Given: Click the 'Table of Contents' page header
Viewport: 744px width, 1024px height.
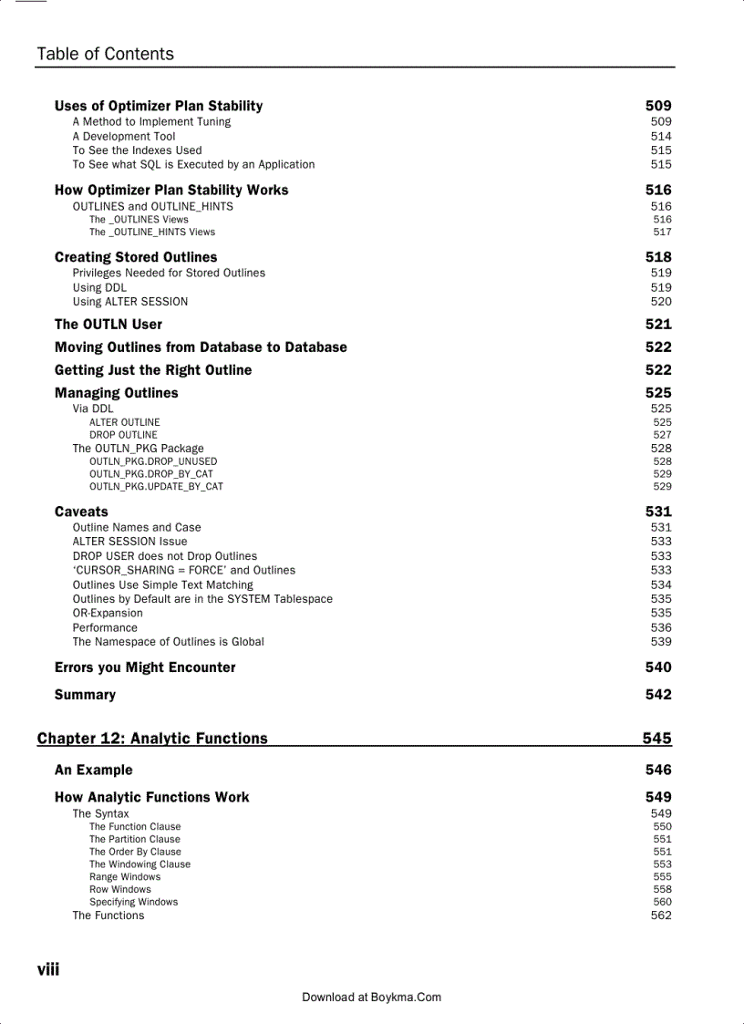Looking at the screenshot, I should (x=105, y=54).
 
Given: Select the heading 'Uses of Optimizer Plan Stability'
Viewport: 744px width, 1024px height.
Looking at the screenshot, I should (x=159, y=106).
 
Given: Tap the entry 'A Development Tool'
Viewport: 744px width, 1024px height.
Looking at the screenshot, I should (x=124, y=136).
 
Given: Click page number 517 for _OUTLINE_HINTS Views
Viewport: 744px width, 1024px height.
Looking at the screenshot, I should (x=662, y=232).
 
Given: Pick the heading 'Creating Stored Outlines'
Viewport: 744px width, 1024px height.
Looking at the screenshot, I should (x=136, y=257).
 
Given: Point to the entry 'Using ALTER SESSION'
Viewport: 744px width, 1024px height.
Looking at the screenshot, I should (x=130, y=301).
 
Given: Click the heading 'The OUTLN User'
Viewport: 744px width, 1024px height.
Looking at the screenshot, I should (x=108, y=324).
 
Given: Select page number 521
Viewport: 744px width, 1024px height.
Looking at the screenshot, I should (x=658, y=324).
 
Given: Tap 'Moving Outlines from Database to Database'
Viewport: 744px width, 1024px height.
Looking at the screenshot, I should (x=201, y=347).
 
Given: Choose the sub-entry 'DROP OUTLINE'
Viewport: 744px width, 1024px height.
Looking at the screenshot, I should (x=123, y=435).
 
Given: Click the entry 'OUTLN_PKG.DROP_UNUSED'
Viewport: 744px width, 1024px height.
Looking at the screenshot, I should (x=153, y=461).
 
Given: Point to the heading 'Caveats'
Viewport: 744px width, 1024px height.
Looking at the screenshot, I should (x=81, y=512).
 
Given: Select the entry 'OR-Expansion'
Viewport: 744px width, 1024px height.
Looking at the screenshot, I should (x=108, y=613).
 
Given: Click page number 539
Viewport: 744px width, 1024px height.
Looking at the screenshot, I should (x=661, y=641).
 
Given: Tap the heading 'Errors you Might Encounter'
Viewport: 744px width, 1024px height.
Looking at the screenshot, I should (x=145, y=667).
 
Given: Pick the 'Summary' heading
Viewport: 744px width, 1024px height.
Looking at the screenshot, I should (x=85, y=695).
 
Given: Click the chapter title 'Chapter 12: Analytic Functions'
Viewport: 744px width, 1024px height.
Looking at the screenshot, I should (x=152, y=739).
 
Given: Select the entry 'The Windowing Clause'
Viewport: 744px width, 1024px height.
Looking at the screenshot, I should (x=139, y=864).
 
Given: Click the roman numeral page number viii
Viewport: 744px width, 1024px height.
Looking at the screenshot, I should (x=47, y=969).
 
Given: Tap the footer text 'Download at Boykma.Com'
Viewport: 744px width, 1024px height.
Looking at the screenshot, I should (x=371, y=997).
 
